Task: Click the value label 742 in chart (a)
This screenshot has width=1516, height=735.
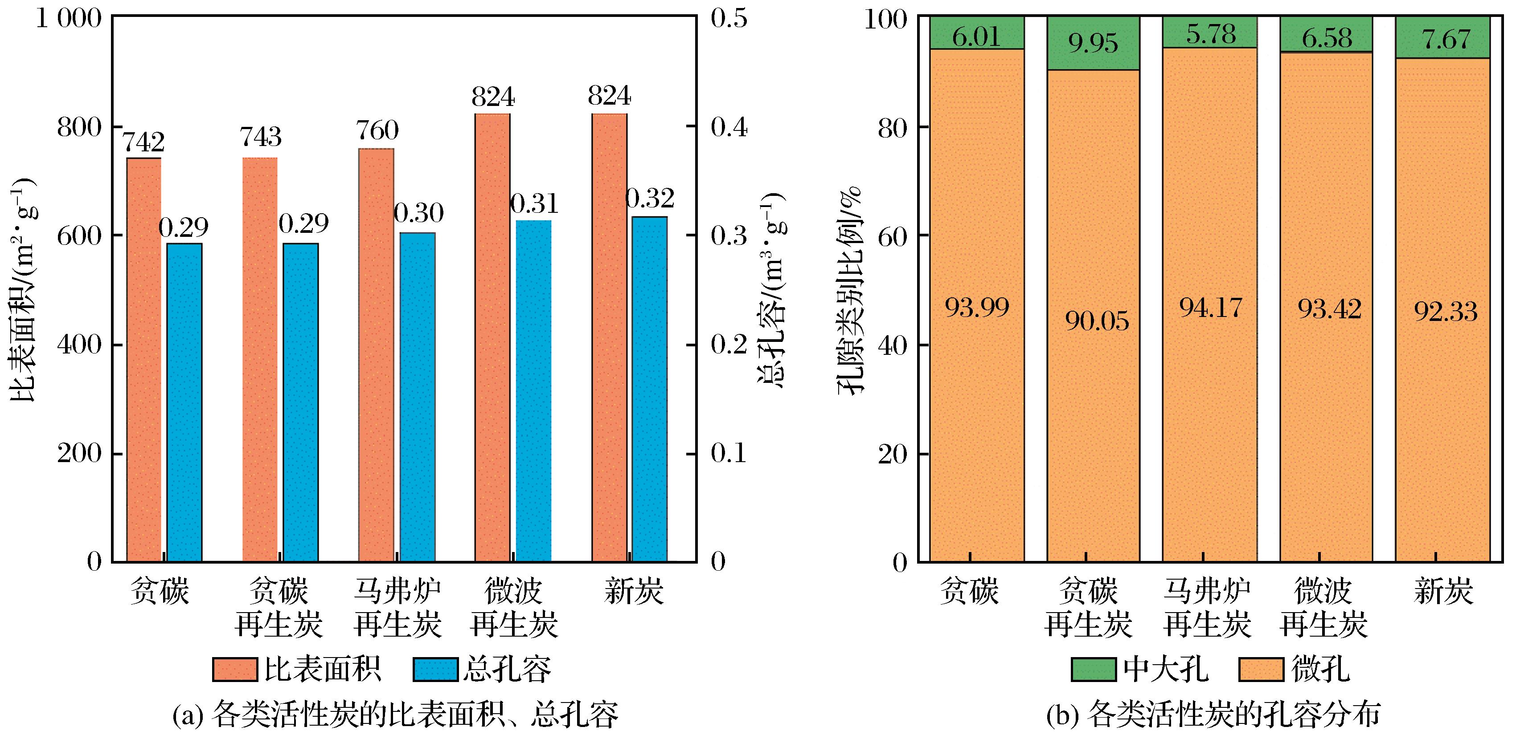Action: point(143,143)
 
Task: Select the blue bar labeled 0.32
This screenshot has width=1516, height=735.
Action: point(649,388)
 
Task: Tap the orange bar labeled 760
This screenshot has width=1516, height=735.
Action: point(376,353)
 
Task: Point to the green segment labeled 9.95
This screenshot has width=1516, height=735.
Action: point(1093,43)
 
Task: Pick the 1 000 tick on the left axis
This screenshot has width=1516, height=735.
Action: point(69,19)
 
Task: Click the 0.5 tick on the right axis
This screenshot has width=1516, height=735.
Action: point(729,19)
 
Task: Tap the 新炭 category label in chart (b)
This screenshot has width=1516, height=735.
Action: point(1443,591)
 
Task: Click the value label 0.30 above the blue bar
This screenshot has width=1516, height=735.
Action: point(418,213)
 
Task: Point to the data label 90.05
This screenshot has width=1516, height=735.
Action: point(1097,321)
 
